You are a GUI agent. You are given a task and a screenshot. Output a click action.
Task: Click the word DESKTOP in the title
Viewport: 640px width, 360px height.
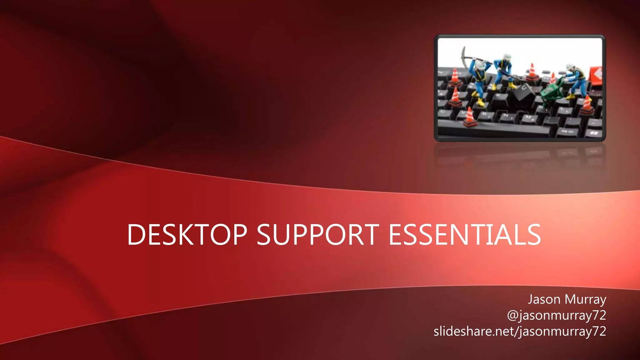pyautogui.click(x=187, y=235)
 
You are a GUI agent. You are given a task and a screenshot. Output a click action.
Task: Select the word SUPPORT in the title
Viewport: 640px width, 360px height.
pyautogui.click(x=318, y=235)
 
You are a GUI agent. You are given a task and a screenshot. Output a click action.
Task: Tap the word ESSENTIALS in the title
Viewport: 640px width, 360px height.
pyautogui.click(x=464, y=235)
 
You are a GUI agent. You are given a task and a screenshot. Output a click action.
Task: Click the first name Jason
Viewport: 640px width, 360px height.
pyautogui.click(x=544, y=299)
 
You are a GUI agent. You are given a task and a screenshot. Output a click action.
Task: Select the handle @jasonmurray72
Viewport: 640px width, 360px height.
pyautogui.click(x=556, y=315)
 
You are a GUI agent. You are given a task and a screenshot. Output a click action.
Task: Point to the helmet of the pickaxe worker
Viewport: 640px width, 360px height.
pyautogui.click(x=480, y=65)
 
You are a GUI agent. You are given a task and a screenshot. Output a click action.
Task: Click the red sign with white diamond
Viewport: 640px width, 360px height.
pyautogui.click(x=596, y=75)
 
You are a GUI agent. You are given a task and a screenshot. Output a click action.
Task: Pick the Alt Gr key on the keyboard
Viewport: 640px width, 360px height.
pyautogui.click(x=567, y=132)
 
